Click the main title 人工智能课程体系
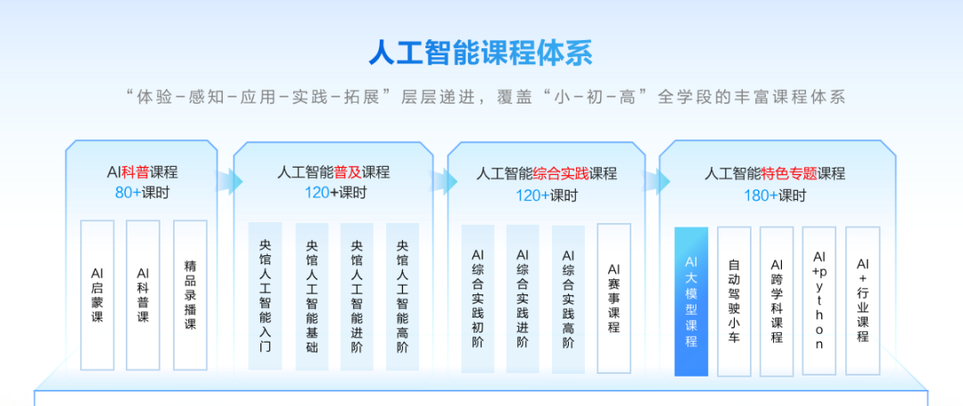pos(481,53)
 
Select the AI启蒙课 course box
pos(97,294)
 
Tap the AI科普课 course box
pos(143,294)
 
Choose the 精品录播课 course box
pos(190,294)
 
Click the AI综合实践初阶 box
pos(477,298)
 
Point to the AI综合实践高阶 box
pos(568,298)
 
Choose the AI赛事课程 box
pos(613,298)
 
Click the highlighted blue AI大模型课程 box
pos(691,301)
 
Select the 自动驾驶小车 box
pos(734,301)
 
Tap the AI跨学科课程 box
pos(777,301)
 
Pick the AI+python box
pos(819,301)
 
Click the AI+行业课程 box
pos(862,301)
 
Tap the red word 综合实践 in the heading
pos(560,173)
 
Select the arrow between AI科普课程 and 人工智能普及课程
pos(230,181)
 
